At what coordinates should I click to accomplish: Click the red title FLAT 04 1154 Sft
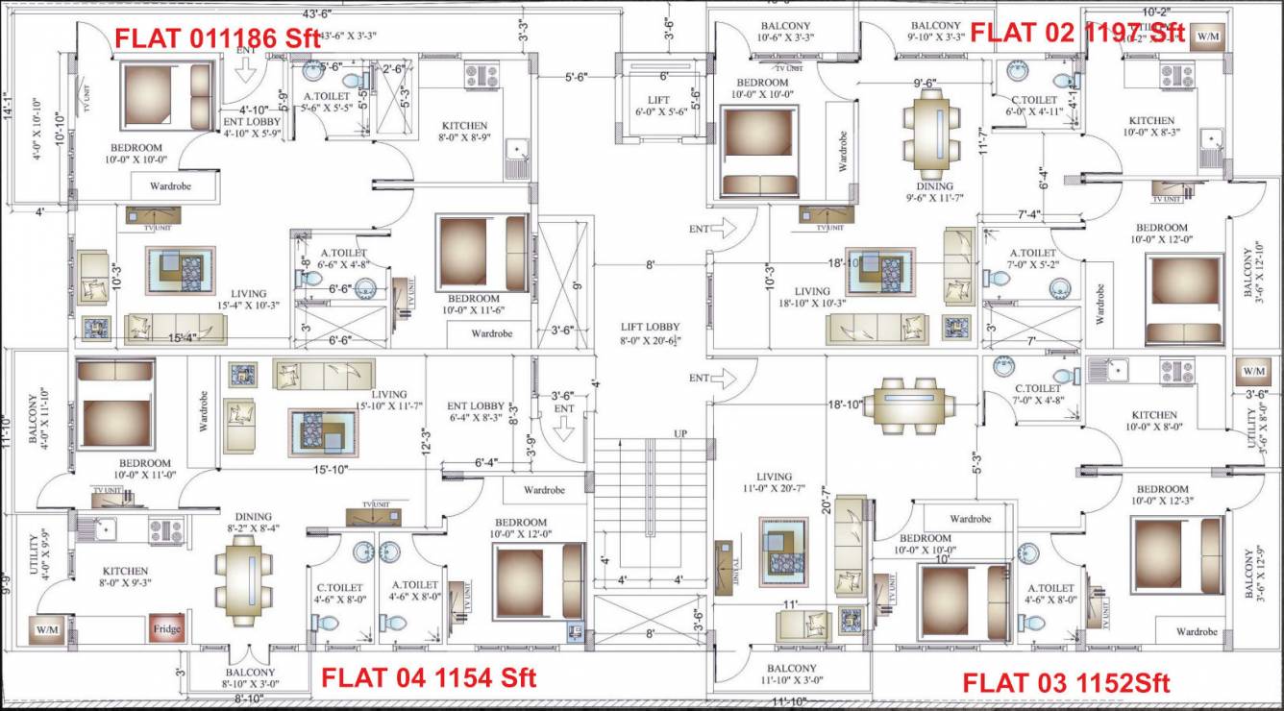coord(428,677)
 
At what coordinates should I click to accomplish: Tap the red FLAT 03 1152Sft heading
coord(1066,683)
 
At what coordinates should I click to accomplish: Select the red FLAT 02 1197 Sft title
coord(1076,32)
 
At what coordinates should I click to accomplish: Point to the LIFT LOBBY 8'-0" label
coord(650,333)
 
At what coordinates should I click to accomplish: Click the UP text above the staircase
coord(680,434)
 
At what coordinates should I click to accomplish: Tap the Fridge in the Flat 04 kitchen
coord(165,629)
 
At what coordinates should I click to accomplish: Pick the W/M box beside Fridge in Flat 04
coord(47,629)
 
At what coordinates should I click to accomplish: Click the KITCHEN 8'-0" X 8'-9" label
coord(464,132)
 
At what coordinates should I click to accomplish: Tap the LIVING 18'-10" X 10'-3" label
coord(812,297)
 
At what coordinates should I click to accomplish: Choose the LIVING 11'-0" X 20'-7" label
coord(774,482)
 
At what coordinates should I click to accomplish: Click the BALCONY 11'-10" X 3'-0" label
coord(792,674)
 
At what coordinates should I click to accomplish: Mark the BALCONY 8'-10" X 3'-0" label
coord(250,678)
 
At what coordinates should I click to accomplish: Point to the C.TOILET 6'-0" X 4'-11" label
coord(1033,106)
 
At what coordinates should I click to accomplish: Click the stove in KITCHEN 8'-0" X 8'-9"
coord(479,75)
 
